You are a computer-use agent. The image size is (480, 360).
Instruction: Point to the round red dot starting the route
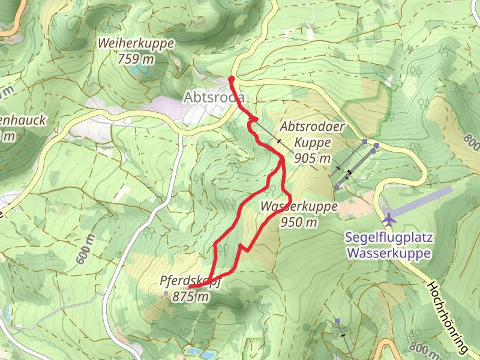232,79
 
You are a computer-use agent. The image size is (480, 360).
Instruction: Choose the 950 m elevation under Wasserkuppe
298,222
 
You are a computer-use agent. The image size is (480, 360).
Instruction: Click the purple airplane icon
389,218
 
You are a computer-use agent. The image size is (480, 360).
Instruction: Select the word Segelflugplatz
389,238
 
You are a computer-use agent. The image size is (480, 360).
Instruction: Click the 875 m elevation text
190,296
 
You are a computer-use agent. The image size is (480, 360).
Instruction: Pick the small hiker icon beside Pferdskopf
166,295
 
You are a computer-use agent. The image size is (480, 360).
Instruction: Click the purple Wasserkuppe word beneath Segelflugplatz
389,253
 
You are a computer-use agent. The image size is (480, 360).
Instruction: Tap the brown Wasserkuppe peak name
298,207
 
